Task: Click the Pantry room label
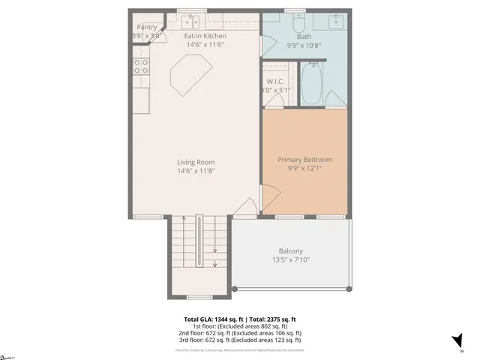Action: [147, 27]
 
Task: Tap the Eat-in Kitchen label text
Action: [205, 35]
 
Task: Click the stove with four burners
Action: [139, 66]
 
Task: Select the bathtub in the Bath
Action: [312, 85]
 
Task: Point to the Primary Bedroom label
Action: [304, 160]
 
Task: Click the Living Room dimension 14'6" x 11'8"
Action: [196, 171]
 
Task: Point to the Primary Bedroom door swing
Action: [270, 192]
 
